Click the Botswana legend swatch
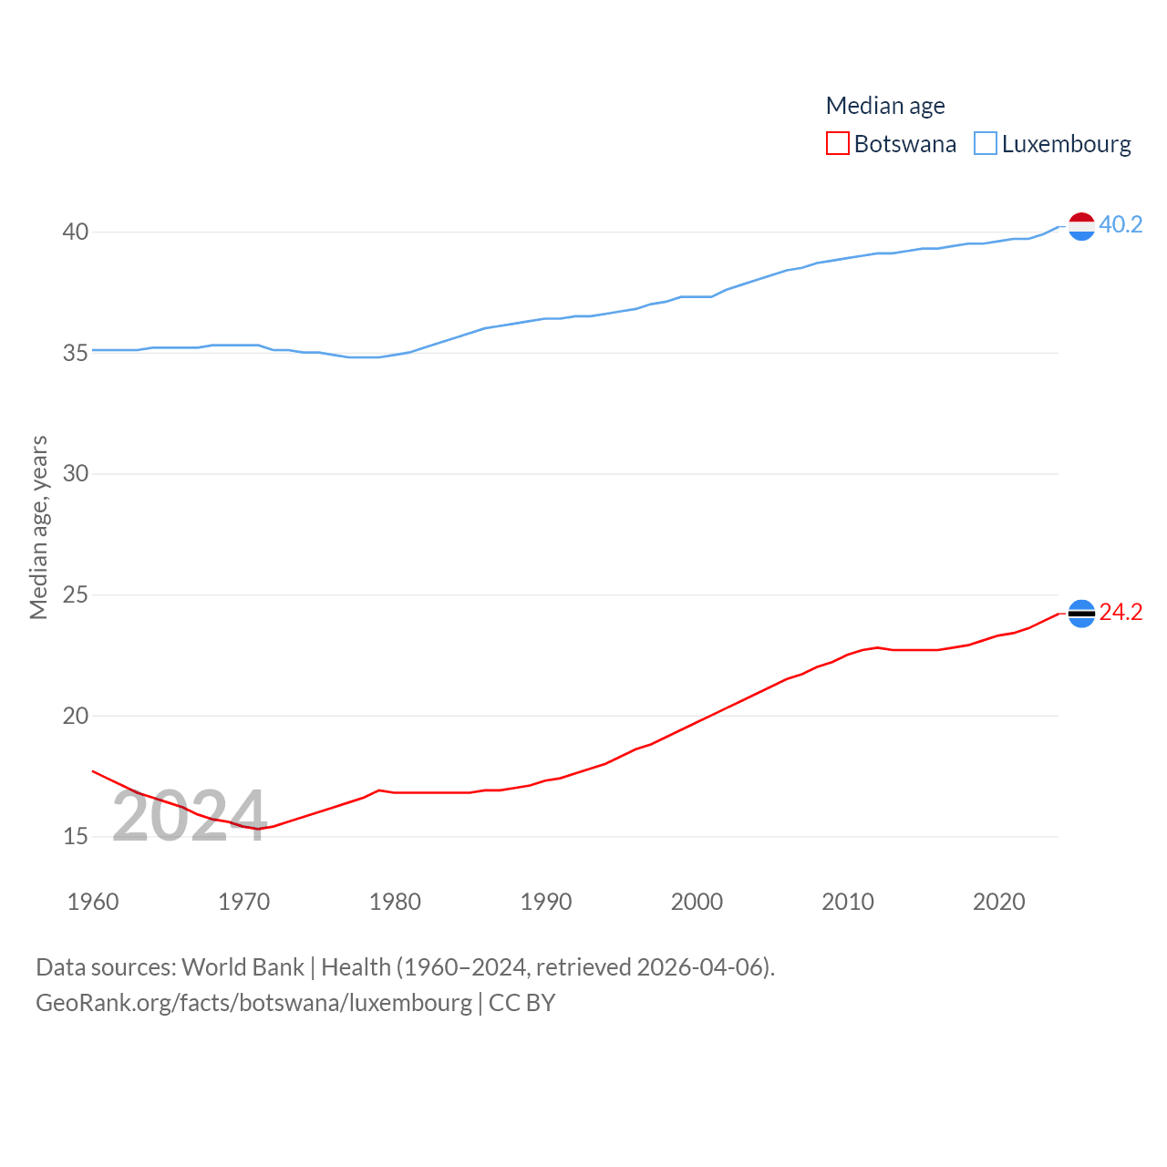(x=837, y=144)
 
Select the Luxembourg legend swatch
(x=986, y=144)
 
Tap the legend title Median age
(x=884, y=106)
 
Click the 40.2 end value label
(x=1121, y=224)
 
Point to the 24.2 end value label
(x=1121, y=612)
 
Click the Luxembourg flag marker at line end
(x=1081, y=226)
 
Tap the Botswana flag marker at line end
(x=1081, y=614)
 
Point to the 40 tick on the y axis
(x=76, y=232)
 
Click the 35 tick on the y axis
(x=76, y=353)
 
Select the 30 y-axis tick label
(x=76, y=473)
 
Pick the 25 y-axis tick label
(x=76, y=594)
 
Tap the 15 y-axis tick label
(x=76, y=836)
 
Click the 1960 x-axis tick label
(x=93, y=902)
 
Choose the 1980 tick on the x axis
(x=395, y=902)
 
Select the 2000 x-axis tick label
(x=697, y=902)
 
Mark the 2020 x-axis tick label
(x=998, y=902)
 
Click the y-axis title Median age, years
(x=38, y=527)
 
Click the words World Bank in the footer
(x=243, y=967)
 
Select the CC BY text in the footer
(x=522, y=1003)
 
